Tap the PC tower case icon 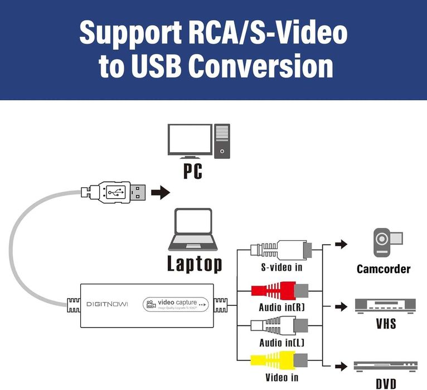click(222, 140)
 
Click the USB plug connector click(115, 193)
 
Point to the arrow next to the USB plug click(161, 193)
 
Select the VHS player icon click(385, 305)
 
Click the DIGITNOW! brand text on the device click(107, 304)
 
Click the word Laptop click(195, 264)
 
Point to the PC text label click(193, 170)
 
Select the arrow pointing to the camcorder click(340, 244)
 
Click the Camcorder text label click(384, 269)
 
